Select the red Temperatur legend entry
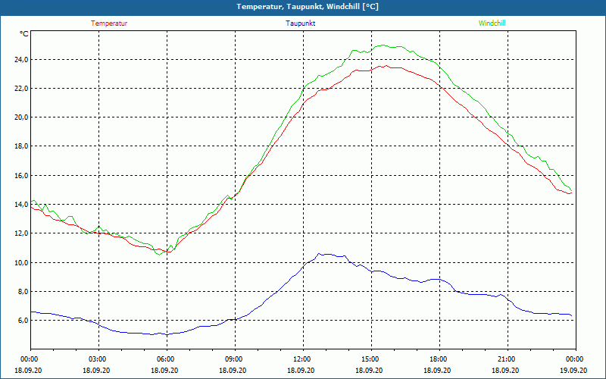109,23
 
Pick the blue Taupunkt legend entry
301,23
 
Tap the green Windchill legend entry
492,23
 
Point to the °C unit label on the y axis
24,33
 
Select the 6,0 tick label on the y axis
22,321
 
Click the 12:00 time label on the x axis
302,359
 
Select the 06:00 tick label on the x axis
166,359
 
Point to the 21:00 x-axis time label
507,359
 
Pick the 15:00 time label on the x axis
370,359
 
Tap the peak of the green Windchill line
383,45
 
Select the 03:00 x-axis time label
98,359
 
